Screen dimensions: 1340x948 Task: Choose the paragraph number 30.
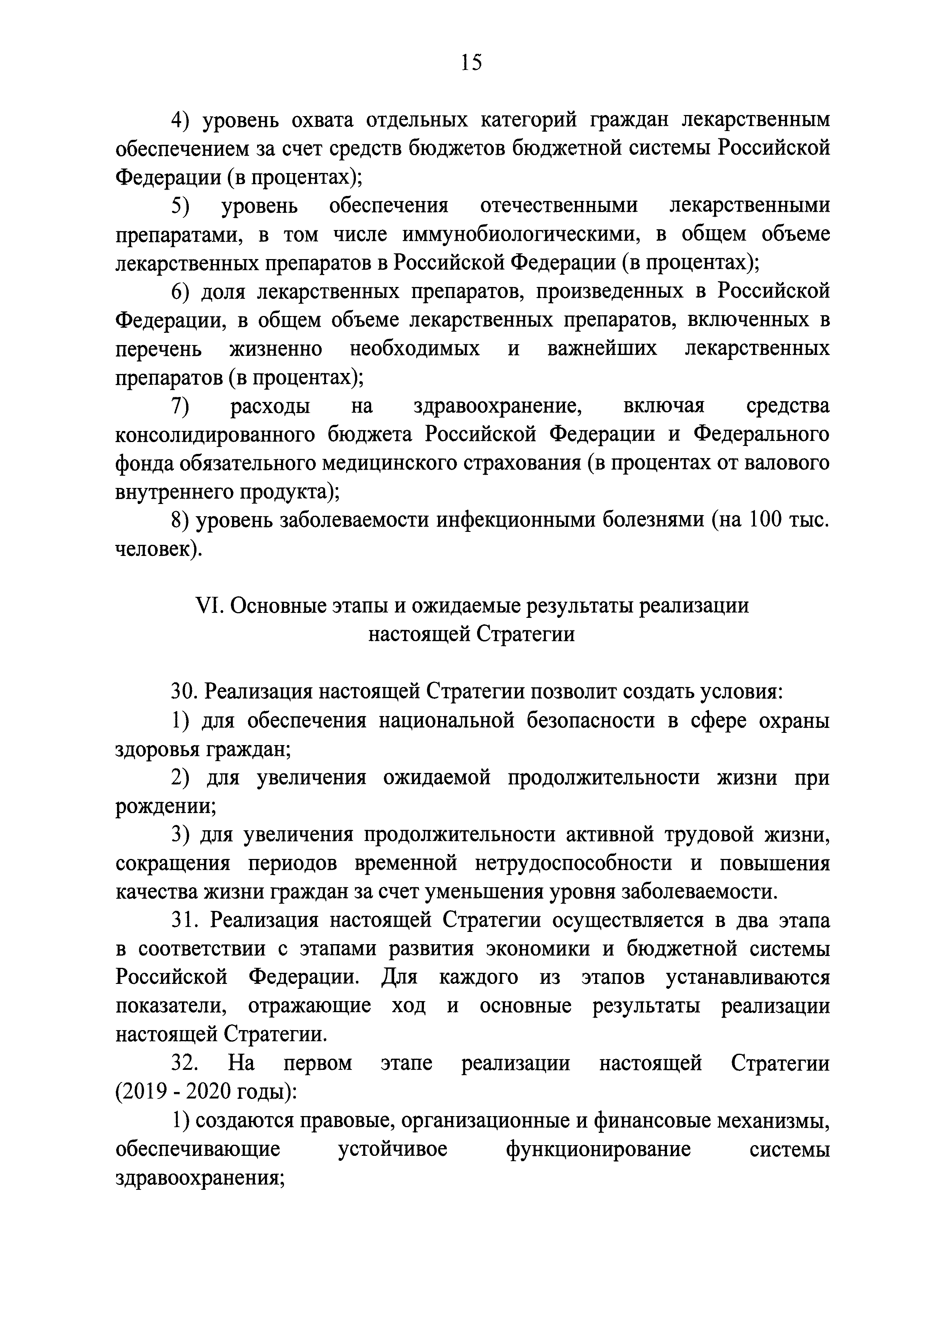point(183,692)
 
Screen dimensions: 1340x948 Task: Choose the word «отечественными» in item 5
point(558,206)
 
